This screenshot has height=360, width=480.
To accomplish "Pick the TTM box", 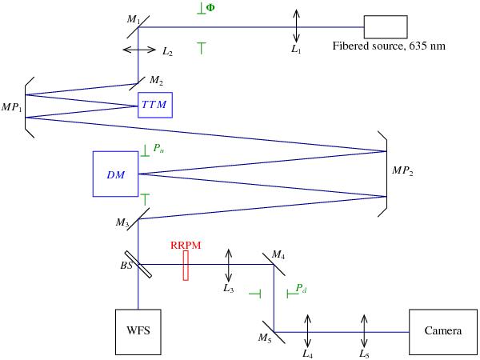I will pos(154,105).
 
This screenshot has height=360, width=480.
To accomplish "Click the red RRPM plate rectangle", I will pos(186,265).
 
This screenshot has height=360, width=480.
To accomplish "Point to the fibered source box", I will pos(386,26).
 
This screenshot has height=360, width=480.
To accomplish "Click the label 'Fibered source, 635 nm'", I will pos(388,46).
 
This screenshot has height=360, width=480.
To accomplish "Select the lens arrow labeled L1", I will pos(297,26).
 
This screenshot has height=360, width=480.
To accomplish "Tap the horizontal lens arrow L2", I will pos(139,50).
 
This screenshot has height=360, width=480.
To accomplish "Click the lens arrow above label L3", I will pos(230,265).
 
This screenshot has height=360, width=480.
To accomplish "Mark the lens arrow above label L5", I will pos(365,330).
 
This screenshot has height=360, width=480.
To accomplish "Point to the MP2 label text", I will pos(402,171).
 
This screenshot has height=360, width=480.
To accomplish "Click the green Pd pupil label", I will pos(300,286).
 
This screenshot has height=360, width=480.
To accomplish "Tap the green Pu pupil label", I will pos(157,149).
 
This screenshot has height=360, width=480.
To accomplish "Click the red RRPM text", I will pos(185,244).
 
